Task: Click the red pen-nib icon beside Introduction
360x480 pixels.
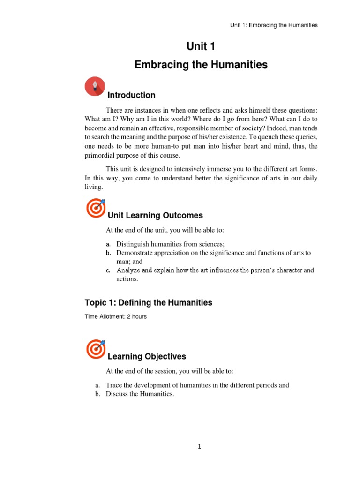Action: (95, 86)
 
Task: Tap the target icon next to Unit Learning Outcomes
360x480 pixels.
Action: (96, 208)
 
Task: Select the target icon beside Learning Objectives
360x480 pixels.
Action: (96, 349)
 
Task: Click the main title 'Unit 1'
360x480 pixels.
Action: (201, 46)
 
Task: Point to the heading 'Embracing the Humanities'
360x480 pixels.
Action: (201, 65)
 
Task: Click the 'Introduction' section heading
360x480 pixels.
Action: (131, 95)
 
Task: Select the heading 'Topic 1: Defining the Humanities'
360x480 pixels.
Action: (149, 303)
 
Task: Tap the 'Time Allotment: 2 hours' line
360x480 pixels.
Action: (116, 316)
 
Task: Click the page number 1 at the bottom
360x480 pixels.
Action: (199, 447)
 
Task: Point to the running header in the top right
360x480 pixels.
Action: (274, 25)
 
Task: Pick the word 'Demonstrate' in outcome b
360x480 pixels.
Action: (135, 253)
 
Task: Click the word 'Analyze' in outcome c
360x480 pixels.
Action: (127, 270)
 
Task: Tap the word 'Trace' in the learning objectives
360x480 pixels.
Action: (114, 385)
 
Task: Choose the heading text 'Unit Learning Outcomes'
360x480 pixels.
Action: (155, 216)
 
